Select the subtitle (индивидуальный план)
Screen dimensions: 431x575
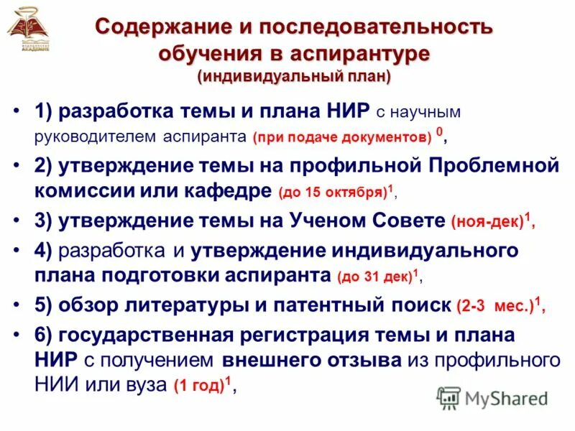295,76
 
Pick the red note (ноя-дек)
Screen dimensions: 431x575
487,223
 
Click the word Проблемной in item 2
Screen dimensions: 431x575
493,165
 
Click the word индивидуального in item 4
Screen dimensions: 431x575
431,250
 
